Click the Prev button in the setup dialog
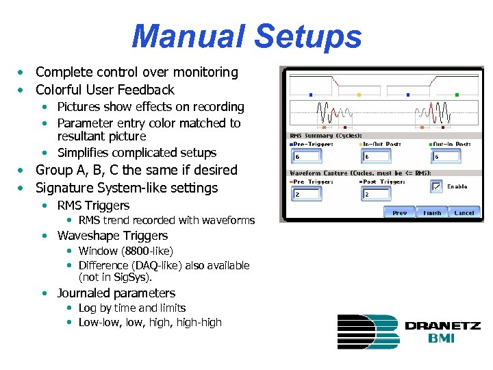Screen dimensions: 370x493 (400, 213)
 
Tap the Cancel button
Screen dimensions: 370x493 (464, 213)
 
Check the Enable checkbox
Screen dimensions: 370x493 (436, 186)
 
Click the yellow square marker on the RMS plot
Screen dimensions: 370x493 (359, 95)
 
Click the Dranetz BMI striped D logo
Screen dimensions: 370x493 (368, 331)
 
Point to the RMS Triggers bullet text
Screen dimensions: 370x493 (93, 205)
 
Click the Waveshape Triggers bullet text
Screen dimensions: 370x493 (112, 235)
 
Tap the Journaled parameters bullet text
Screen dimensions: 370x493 (116, 293)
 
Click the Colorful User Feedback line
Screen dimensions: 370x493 (105, 90)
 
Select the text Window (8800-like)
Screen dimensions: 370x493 (126, 251)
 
